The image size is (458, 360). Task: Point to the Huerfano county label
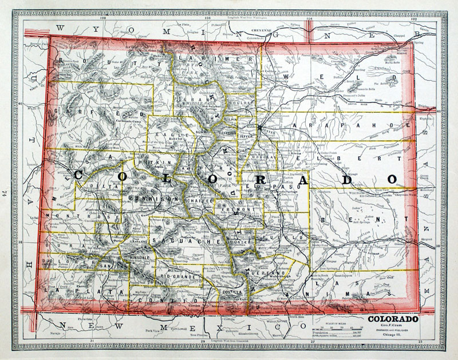point(260,274)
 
